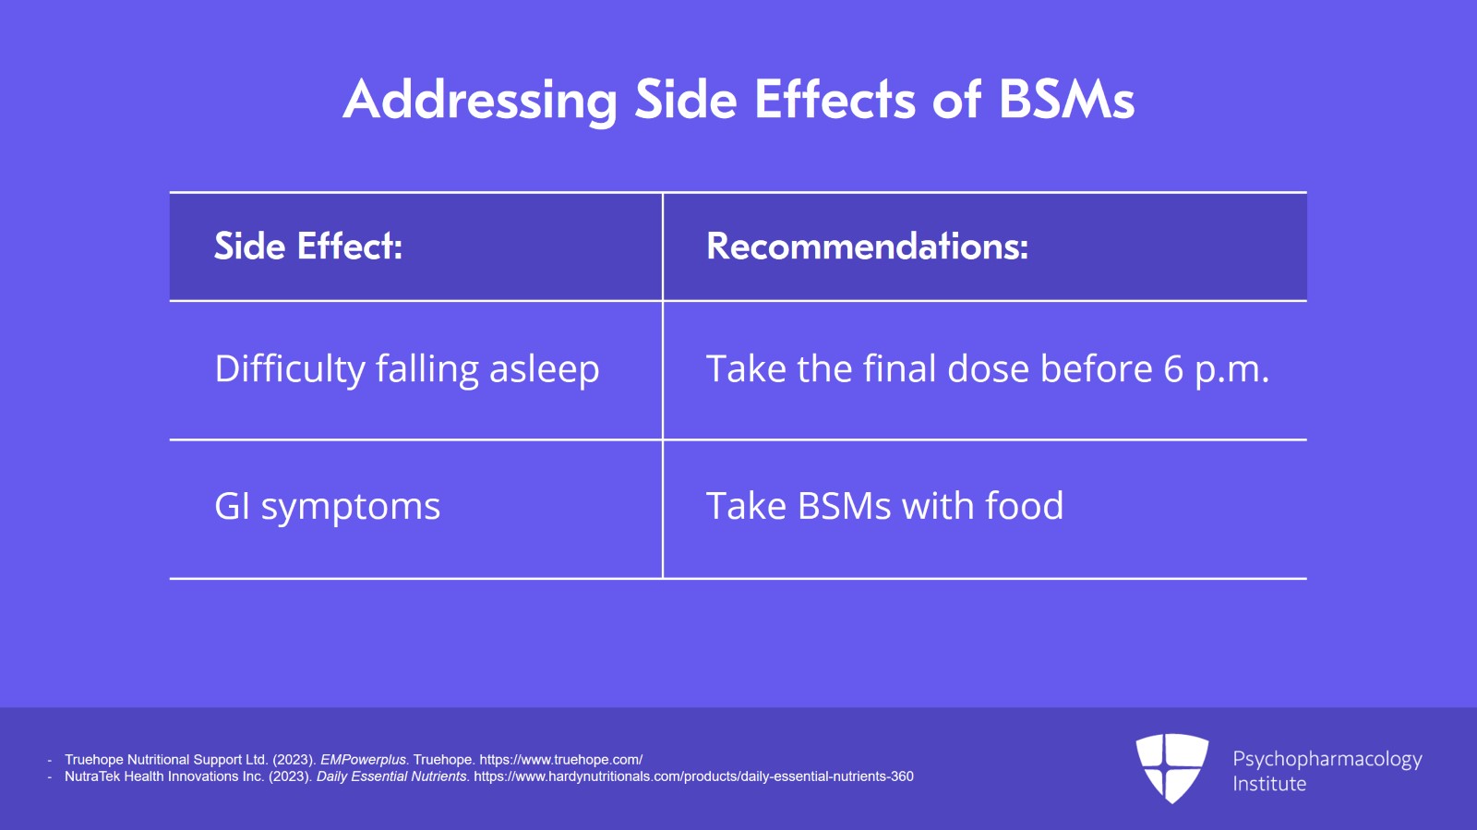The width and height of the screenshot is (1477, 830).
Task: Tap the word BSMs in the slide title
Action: (1066, 100)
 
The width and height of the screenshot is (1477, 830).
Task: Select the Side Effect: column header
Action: (308, 247)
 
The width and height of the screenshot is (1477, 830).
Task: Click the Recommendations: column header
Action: (867, 247)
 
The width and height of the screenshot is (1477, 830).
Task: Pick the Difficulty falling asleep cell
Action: (407, 369)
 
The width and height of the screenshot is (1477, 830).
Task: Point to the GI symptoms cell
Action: (328, 507)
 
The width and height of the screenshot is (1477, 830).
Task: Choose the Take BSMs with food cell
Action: (884, 507)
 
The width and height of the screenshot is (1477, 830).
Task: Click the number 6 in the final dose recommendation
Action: (1173, 369)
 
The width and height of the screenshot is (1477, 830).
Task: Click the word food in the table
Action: (1024, 507)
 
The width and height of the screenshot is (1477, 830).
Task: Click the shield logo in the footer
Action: (1171, 767)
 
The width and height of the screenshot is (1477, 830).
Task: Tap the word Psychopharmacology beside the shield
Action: (1327, 759)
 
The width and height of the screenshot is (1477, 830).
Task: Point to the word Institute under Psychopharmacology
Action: (1269, 784)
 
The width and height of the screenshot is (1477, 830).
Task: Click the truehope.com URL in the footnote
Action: (560, 760)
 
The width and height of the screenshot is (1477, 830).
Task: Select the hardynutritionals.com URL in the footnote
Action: (693, 776)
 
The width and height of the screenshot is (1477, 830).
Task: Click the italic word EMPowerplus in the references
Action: (363, 760)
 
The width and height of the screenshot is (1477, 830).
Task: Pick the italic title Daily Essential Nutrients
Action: (392, 776)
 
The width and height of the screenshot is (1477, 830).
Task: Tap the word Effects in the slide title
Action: (834, 100)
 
